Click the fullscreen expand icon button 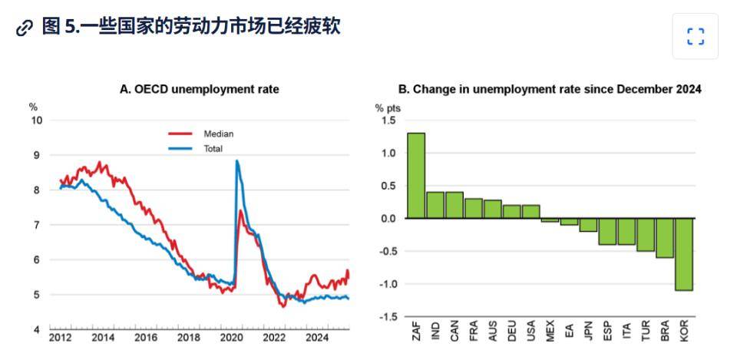(695, 36)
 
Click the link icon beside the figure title (25, 28)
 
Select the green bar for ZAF (416, 176)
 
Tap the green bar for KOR (684, 254)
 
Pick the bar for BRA (665, 238)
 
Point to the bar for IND (435, 205)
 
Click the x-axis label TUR (646, 332)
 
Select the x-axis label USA (531, 332)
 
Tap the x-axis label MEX (550, 332)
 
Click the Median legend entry (218, 134)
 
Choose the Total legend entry (213, 148)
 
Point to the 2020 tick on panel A (231, 337)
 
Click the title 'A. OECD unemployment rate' (199, 90)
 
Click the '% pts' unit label (388, 107)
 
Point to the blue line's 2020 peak (237, 161)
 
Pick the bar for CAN (454, 205)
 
